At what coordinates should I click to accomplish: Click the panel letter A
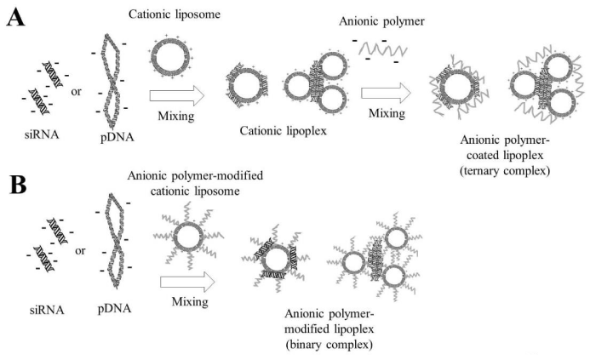tap(15, 17)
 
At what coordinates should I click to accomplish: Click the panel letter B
tap(18, 185)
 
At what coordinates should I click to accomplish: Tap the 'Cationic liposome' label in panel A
tap(175, 14)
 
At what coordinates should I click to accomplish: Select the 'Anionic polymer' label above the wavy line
tap(381, 21)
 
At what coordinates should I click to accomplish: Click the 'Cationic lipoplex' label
tap(284, 131)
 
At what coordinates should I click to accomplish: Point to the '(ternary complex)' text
tap(505, 171)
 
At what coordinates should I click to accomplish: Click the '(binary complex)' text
tap(329, 345)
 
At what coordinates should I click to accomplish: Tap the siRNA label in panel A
tap(42, 134)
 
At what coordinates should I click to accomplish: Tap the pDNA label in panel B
tap(114, 309)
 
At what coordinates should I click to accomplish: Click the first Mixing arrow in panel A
tap(177, 95)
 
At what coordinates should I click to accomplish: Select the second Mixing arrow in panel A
tap(386, 93)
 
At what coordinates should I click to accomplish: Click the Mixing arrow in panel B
tap(187, 283)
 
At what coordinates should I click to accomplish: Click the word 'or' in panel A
tap(76, 92)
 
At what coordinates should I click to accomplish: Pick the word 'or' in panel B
tap(80, 251)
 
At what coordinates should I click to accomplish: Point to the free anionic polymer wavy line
tap(383, 49)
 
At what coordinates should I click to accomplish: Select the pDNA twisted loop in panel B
tap(114, 241)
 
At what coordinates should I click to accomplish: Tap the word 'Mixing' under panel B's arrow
tap(190, 302)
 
